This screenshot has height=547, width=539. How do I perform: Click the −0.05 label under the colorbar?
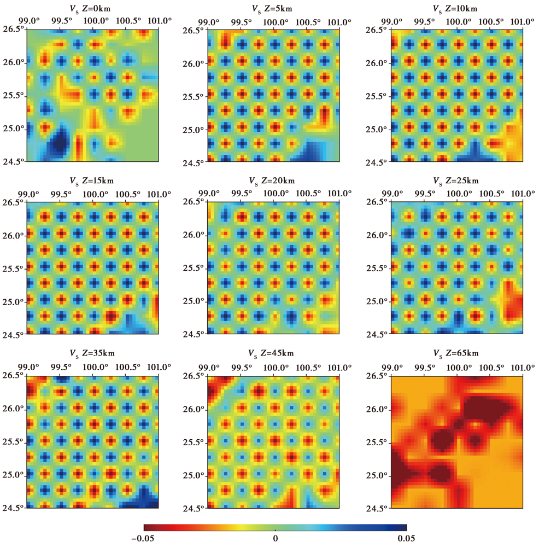143,539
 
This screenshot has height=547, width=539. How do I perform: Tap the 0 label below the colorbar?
275,539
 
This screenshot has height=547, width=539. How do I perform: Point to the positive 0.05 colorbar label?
406,539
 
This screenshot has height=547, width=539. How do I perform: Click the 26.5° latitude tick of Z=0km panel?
13,28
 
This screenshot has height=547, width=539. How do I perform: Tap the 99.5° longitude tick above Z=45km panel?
241,368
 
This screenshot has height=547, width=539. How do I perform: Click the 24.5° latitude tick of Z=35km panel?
13,508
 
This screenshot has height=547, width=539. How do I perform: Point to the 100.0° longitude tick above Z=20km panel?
274,194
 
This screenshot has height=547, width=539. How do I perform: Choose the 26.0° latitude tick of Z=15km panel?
13,236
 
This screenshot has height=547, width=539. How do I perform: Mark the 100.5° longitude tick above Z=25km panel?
491,194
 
